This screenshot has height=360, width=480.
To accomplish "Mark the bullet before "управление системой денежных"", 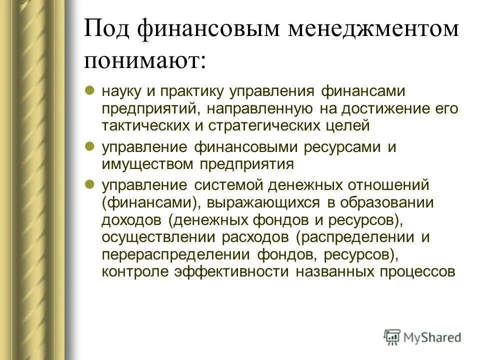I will pyautogui.click(x=90, y=184).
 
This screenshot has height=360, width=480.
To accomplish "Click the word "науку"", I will pyautogui.click(x=119, y=92).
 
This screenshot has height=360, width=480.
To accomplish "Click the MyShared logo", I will pyautogui.click(x=422, y=336).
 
